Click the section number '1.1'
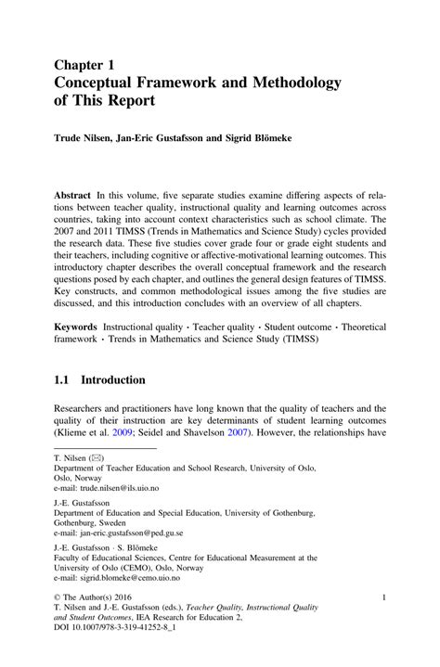pyautogui.click(x=63, y=379)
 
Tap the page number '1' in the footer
pyautogui.click(x=383, y=598)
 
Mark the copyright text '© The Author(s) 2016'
pyautogui.click(x=96, y=598)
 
